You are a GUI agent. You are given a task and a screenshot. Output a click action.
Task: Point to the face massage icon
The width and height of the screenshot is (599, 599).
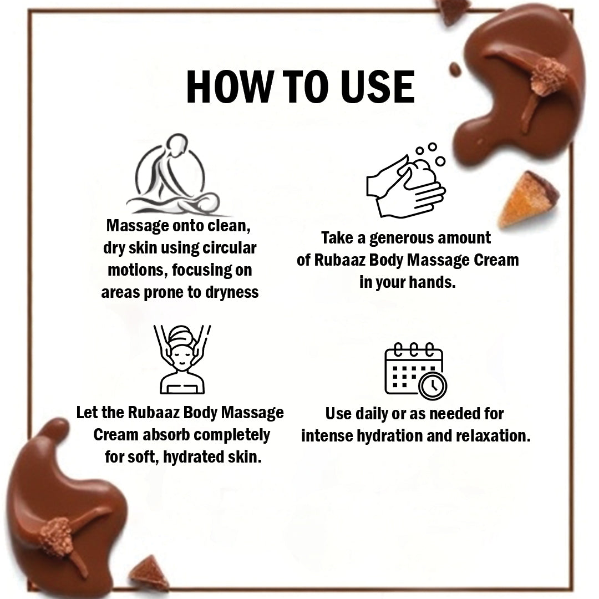coord(182,359)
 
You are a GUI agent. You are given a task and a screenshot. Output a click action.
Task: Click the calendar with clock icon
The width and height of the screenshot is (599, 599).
coord(415,370)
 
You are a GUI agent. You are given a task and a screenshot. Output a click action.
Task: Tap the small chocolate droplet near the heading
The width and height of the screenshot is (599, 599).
coord(455,69)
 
